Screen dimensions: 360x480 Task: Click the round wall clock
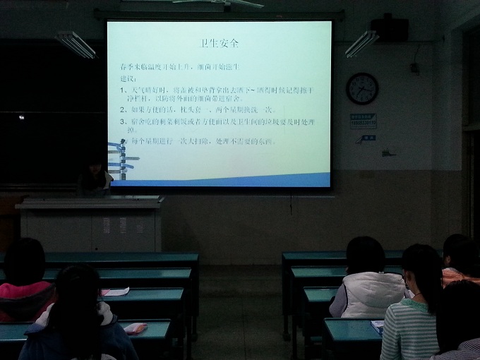click(362, 89)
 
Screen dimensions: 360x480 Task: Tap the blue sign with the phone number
click(363, 121)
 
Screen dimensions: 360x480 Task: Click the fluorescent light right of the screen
click(361, 44)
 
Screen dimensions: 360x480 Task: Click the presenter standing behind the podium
click(95, 176)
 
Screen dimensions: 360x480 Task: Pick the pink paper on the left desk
click(115, 292)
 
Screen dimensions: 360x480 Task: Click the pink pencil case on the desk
click(135, 328)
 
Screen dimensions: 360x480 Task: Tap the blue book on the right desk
click(378, 327)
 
